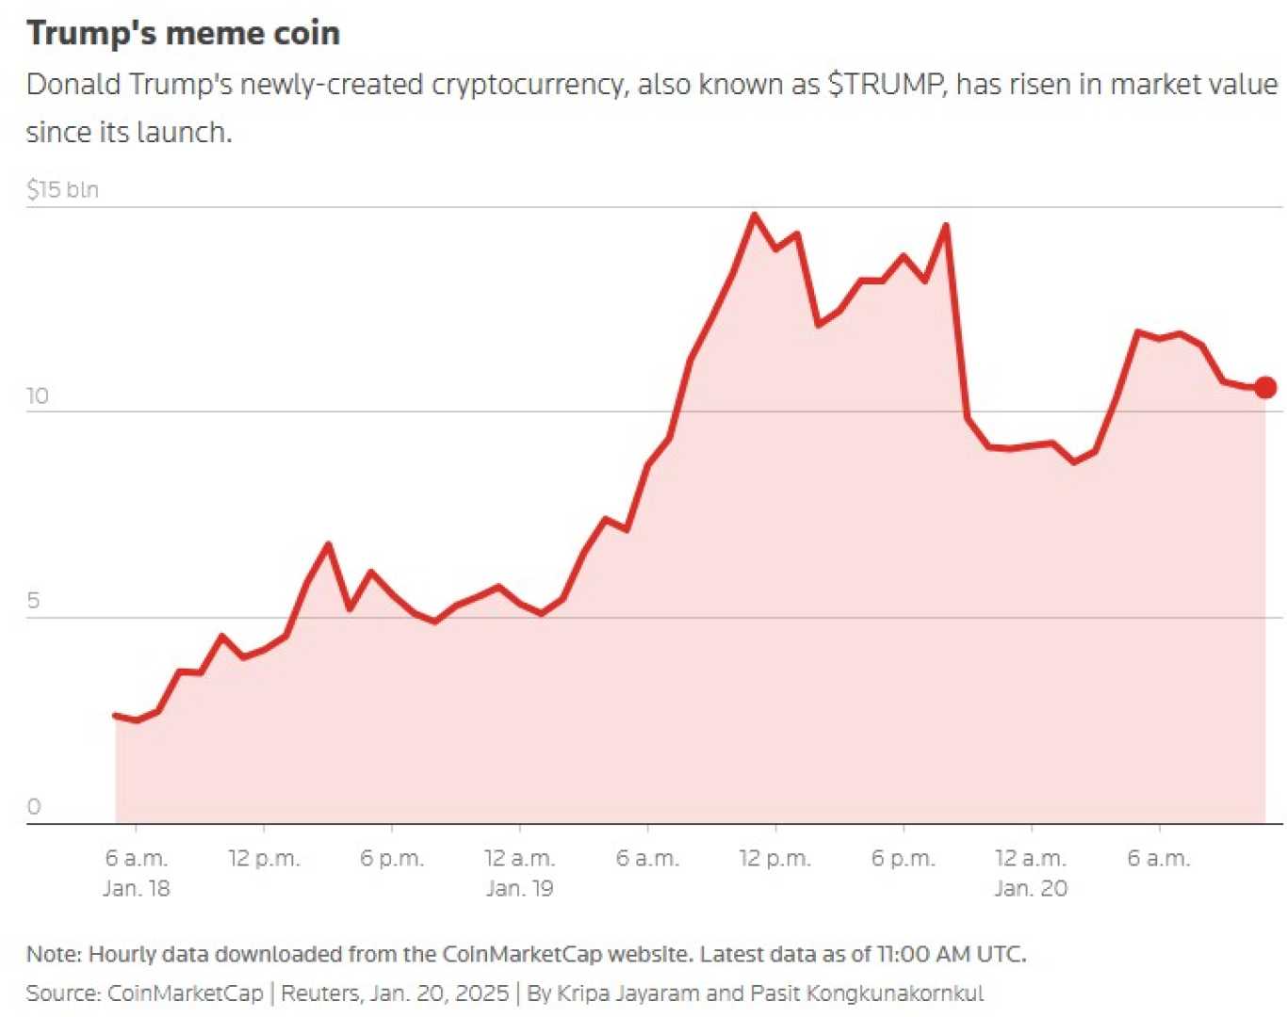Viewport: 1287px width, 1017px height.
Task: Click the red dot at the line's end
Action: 1265,387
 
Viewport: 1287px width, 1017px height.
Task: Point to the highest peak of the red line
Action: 754,215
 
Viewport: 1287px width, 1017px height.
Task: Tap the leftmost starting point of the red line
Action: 116,716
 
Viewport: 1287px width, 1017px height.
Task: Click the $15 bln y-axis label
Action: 62,189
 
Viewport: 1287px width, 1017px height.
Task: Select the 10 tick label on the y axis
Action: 38,395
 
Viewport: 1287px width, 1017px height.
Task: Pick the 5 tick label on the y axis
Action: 34,601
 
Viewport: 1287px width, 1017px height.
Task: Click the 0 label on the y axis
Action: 34,806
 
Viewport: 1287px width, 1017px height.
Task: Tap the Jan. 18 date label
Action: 137,888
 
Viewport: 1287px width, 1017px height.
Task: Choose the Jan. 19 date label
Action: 520,888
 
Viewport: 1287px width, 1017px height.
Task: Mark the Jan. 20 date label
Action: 1031,888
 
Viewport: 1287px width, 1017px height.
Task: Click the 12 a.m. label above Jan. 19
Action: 520,858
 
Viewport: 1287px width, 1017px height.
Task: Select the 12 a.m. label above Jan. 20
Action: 1031,858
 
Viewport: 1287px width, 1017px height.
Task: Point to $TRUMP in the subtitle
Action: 886,85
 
